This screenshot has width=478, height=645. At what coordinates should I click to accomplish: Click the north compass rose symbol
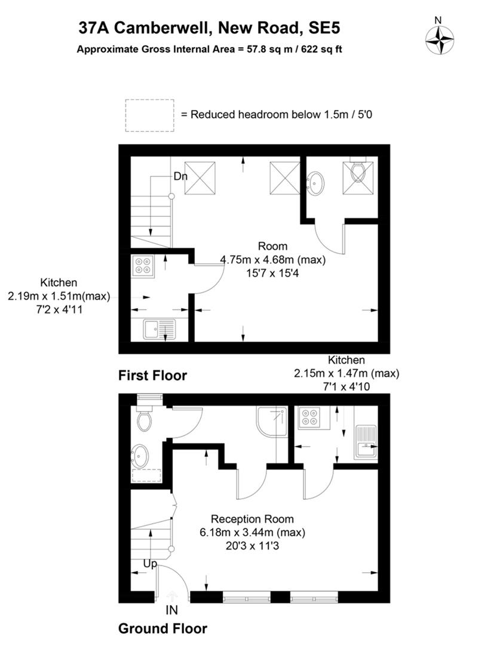point(439,40)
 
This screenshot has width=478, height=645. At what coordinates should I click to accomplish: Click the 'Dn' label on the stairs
point(180,176)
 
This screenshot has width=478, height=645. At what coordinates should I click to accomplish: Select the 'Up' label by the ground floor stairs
point(150,564)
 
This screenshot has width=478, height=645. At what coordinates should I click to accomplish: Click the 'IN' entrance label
point(171,610)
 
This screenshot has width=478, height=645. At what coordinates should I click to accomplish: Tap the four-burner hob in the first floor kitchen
point(142,265)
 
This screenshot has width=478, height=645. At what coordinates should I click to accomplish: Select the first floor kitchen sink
point(159,329)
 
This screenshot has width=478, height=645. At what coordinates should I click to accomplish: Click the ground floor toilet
point(144,418)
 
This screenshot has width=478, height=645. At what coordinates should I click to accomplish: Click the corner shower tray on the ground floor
point(271,422)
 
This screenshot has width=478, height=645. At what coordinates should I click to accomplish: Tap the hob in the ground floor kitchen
point(309,416)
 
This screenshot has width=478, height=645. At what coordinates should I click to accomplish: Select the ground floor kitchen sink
point(366,441)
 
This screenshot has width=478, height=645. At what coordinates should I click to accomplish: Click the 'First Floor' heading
point(152,376)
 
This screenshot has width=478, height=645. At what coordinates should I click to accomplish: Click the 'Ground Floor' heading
point(163,628)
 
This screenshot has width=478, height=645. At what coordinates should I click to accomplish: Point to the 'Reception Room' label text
point(252,519)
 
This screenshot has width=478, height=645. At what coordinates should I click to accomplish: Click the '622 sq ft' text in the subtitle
point(321,50)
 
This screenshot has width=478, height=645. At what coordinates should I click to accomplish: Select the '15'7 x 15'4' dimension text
point(272,273)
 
